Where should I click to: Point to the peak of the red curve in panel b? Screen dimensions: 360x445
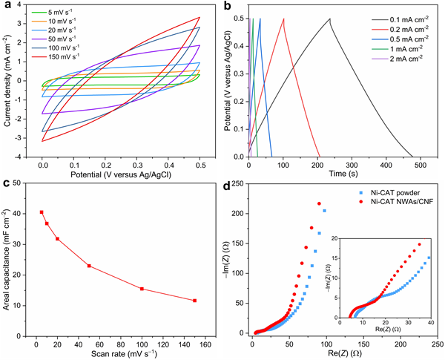click(x=283, y=19)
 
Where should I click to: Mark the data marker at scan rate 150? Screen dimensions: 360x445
click(x=194, y=301)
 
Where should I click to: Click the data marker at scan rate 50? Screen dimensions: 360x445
click(x=89, y=266)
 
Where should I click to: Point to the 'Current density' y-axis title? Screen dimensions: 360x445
click(x=9, y=82)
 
